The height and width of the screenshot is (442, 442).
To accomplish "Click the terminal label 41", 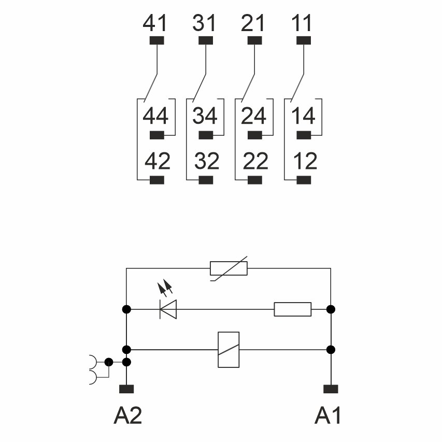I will pos(155,24).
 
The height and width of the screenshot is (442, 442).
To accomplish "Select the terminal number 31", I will pos(205,24).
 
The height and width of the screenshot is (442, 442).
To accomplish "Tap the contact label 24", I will pos(254,116).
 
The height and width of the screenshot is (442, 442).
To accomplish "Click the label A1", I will pos(329,416).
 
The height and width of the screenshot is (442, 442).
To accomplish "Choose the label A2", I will pos(127,416).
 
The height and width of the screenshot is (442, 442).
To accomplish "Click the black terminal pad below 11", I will pos(304,40).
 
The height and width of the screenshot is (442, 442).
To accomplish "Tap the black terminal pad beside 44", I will pos(156,136).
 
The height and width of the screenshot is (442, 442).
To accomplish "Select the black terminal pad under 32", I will pos(206,180).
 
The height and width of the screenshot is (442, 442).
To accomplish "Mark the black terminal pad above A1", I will pos(331,389).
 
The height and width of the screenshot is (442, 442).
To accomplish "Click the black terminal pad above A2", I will pos(126,389).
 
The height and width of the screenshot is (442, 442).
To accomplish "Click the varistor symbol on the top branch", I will pos(229,268).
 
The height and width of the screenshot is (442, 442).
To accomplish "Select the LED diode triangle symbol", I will pos(168,309).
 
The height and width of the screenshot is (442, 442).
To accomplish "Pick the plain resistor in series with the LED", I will pos(293,309).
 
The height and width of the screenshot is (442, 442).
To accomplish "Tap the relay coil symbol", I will pos(229,349).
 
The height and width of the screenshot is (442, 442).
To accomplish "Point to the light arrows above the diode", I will pos(164,287).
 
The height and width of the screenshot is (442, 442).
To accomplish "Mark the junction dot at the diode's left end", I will pos(126,309).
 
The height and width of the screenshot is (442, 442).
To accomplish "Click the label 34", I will pos(205,116).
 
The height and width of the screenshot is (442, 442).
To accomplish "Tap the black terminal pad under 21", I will pos(255,40).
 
